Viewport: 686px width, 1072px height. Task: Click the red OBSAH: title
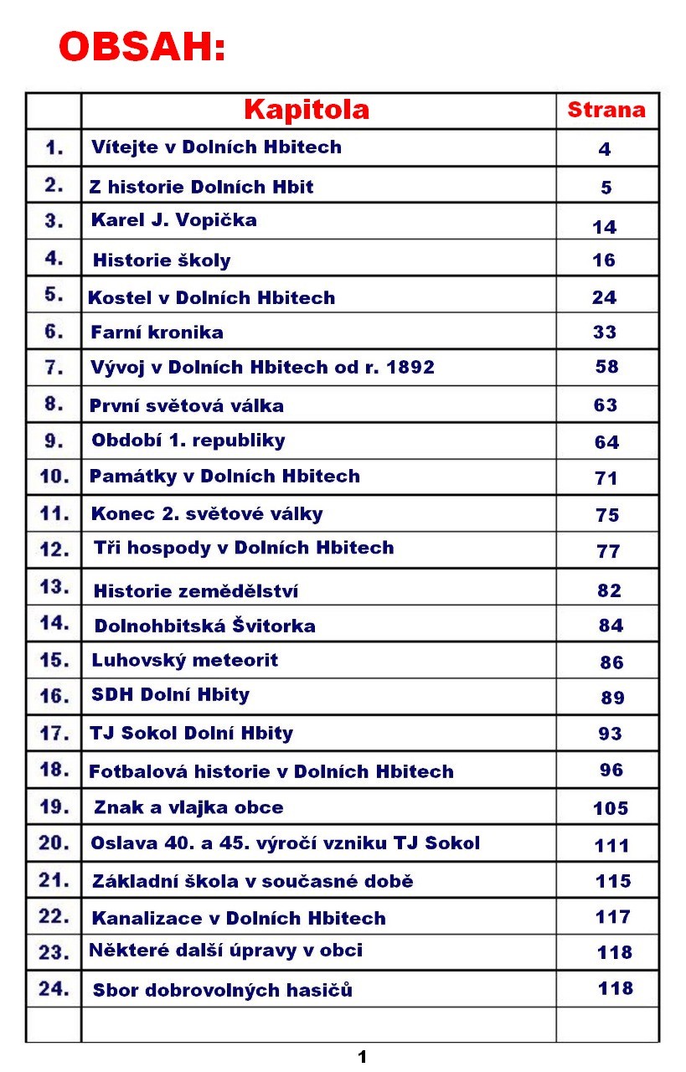point(142,48)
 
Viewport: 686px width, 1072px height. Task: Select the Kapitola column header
point(307,110)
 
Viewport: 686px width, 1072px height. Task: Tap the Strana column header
point(606,110)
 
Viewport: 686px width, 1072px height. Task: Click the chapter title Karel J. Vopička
point(174,221)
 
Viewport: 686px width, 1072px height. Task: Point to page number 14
point(604,227)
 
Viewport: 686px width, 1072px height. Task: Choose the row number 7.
point(54,368)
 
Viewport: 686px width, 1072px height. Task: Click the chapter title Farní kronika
point(157,332)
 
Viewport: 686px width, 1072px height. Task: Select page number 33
point(605,332)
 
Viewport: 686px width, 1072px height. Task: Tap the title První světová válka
point(187,406)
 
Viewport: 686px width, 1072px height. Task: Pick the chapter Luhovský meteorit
point(185,660)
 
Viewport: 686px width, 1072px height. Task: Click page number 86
point(611,662)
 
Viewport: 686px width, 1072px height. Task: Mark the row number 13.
point(54,586)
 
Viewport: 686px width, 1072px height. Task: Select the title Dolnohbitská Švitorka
point(205,626)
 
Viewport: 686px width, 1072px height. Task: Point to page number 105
point(611,808)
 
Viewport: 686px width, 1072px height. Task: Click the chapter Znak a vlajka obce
point(188,807)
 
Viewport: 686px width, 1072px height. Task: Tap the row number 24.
point(54,988)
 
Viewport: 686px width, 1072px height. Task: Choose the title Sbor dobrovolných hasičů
point(223,990)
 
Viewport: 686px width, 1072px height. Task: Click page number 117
point(613,916)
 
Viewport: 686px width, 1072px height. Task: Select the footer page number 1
point(363,1057)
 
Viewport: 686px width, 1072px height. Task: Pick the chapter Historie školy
point(162,260)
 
